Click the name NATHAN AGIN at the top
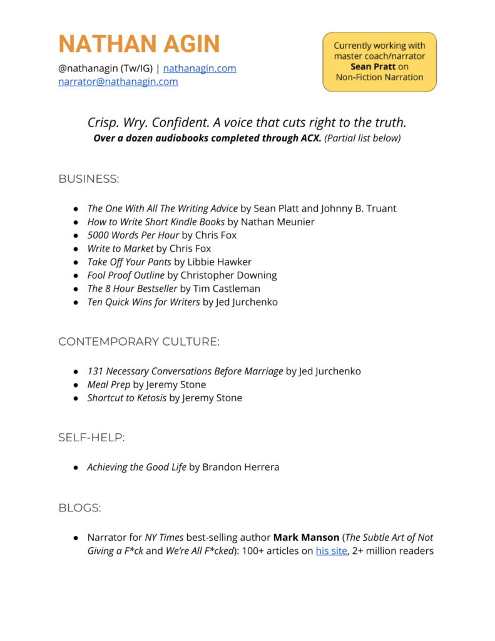click(x=139, y=44)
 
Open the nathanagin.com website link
click(x=200, y=68)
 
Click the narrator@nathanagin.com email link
click(x=118, y=81)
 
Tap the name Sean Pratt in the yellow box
click(x=374, y=66)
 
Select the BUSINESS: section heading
click(x=88, y=179)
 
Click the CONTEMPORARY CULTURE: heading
click(x=139, y=342)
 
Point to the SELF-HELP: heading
click(x=91, y=438)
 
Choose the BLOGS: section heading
click(x=79, y=508)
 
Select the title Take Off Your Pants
click(x=129, y=262)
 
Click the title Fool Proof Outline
click(x=126, y=275)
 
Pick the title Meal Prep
click(x=109, y=384)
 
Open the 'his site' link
click(x=331, y=551)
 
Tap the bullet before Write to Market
click(x=76, y=249)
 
